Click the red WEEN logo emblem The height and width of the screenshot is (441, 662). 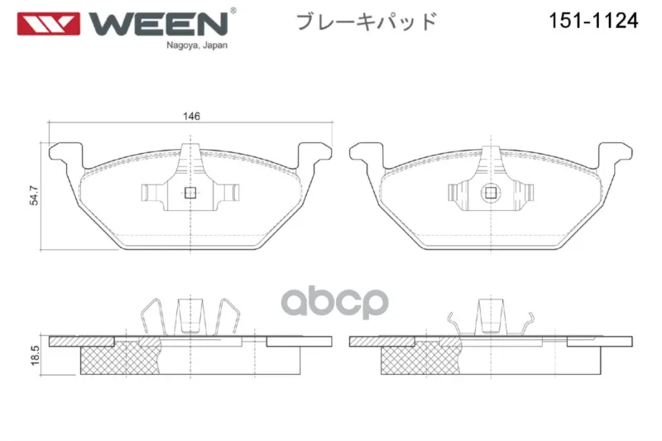[x=49, y=24]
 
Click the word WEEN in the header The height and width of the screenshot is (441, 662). [x=158, y=24]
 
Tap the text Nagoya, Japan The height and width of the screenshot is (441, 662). [x=197, y=46]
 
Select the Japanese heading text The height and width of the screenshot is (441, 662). [x=366, y=22]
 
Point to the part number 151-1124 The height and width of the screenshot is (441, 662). [x=593, y=20]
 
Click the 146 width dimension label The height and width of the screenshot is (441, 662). [x=191, y=116]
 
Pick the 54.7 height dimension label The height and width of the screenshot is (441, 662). [x=34, y=196]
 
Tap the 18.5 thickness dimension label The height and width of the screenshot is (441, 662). [x=35, y=355]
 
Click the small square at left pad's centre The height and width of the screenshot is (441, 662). [x=190, y=193]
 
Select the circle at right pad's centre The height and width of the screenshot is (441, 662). [x=491, y=193]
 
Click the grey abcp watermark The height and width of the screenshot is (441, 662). [x=335, y=302]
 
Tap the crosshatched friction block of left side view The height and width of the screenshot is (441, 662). [x=120, y=358]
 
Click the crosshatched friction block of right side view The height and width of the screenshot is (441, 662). [x=421, y=358]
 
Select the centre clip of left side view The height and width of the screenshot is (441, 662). [x=190, y=317]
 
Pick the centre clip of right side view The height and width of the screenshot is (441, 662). [x=491, y=317]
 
